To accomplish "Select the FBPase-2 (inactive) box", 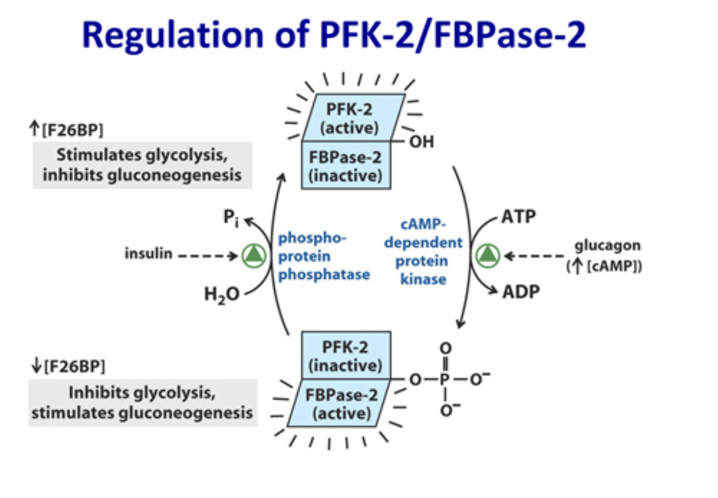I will coord(346,164).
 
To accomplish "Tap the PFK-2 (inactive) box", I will coord(346,357).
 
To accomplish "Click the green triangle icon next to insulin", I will coord(253,255).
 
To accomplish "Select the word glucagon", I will coord(607,246).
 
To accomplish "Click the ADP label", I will coord(520,292).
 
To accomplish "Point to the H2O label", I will coord(222,295).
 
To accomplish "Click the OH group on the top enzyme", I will coord(422,143).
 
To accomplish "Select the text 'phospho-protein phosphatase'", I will coord(323,256).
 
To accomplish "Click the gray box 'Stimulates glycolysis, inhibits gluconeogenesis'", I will coord(142,165).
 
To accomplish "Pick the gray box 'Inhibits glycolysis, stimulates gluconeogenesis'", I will coord(142,403).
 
